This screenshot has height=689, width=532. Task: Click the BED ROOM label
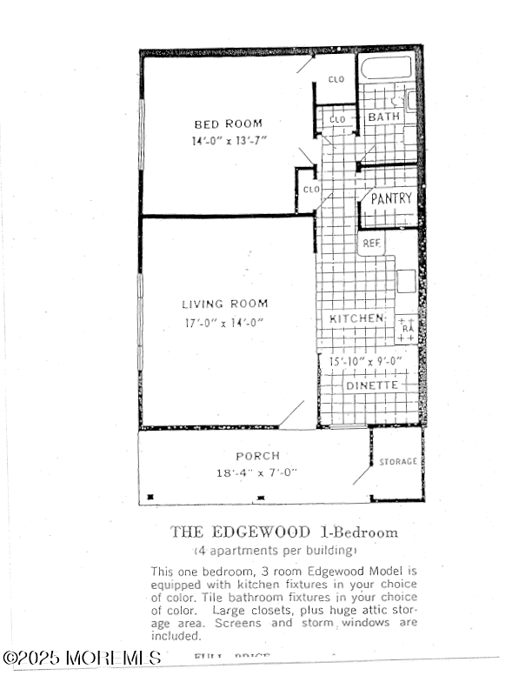228,124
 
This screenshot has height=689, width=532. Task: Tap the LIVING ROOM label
224,304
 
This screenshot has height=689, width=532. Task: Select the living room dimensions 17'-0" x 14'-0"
224,322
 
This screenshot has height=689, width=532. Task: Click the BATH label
383,117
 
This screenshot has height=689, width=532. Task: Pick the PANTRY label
391,198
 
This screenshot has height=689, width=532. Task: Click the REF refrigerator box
372,244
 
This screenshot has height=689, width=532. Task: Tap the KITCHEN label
356,319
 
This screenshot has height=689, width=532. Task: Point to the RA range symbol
407,329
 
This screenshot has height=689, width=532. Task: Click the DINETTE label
372,385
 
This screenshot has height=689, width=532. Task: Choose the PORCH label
257,456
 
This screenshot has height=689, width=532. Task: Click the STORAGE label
398,461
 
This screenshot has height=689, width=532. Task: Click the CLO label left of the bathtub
336,80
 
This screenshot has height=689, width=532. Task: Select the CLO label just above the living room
309,189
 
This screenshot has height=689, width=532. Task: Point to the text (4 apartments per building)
275,551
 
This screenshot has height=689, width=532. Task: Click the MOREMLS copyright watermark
82,659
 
